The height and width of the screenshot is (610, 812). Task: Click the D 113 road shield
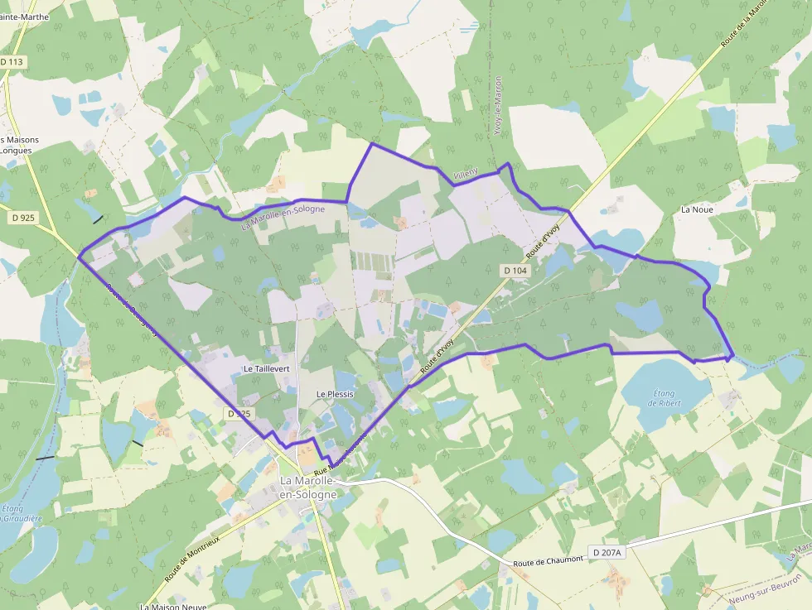click(12, 61)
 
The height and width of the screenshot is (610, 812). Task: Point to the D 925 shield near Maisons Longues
click(24, 218)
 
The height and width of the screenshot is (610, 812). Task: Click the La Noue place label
click(697, 210)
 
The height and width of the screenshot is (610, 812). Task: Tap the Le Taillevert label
click(265, 367)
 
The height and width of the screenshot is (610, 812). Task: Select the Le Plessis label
click(335, 394)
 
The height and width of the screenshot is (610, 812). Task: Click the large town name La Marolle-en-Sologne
click(308, 488)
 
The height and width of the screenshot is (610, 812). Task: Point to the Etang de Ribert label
click(664, 397)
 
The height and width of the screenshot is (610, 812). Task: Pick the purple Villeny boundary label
click(466, 171)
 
